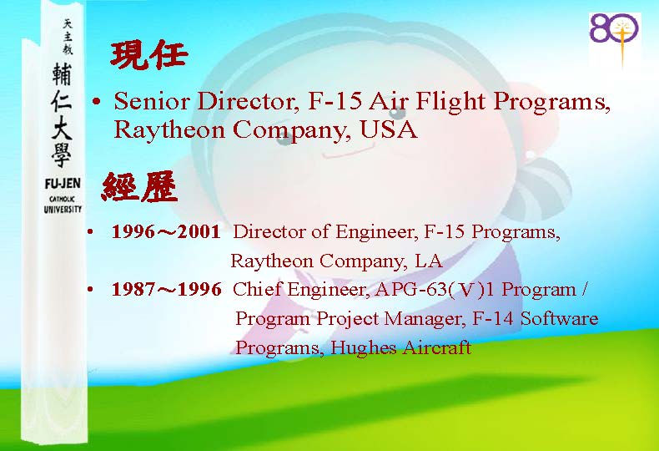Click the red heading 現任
(148, 56)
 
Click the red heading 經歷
(139, 187)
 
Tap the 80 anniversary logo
(615, 39)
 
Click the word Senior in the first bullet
(152, 101)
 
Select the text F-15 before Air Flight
(335, 101)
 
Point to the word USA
(389, 129)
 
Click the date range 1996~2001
(166, 231)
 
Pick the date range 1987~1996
(167, 289)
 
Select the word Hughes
(364, 348)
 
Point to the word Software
(560, 318)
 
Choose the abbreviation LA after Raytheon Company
(429, 261)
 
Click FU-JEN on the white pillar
(63, 184)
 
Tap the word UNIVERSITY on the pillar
(63, 209)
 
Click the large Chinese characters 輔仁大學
(63, 115)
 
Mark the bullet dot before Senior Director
(96, 102)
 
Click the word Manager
(425, 319)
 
